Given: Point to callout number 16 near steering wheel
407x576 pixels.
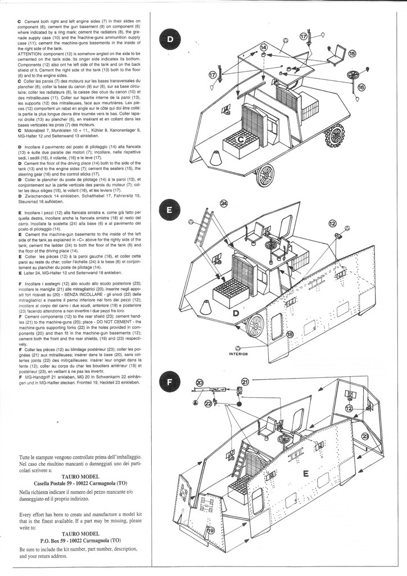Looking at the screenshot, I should click(x=361, y=88).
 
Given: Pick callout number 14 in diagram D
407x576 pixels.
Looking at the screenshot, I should click(x=263, y=49).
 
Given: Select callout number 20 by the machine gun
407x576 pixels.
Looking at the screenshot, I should click(x=201, y=383).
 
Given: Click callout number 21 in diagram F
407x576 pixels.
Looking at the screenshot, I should click(x=245, y=382).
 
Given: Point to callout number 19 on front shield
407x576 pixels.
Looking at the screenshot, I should click(x=210, y=531).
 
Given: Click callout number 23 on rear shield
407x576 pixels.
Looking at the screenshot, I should click(x=365, y=436).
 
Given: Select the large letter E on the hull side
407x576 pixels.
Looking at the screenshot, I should click(x=306, y=474).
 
